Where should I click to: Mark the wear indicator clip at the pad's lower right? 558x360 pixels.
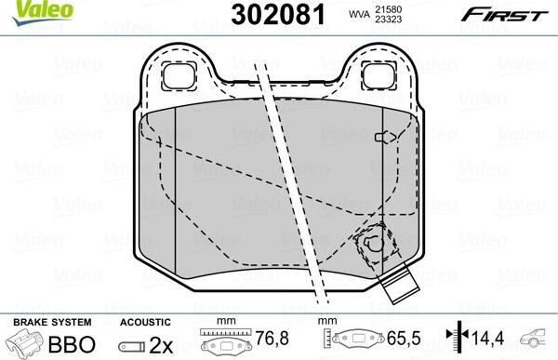[x=372, y=245]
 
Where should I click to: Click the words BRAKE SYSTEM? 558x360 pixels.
[x=40, y=321]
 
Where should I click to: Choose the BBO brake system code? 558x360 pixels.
[x=66, y=342]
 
